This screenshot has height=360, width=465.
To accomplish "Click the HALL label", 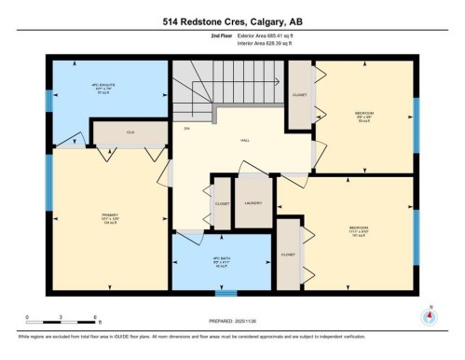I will [x=245, y=140].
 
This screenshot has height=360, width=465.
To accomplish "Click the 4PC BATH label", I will [x=220, y=261].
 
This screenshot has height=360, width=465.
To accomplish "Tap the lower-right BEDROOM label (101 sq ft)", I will [x=359, y=228].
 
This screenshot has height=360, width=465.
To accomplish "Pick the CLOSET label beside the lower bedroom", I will [x=288, y=253].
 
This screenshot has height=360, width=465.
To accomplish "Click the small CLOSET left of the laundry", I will [x=222, y=203].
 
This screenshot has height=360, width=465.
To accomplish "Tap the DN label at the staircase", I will [x=186, y=127].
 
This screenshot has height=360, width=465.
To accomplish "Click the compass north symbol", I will [x=429, y=314].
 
